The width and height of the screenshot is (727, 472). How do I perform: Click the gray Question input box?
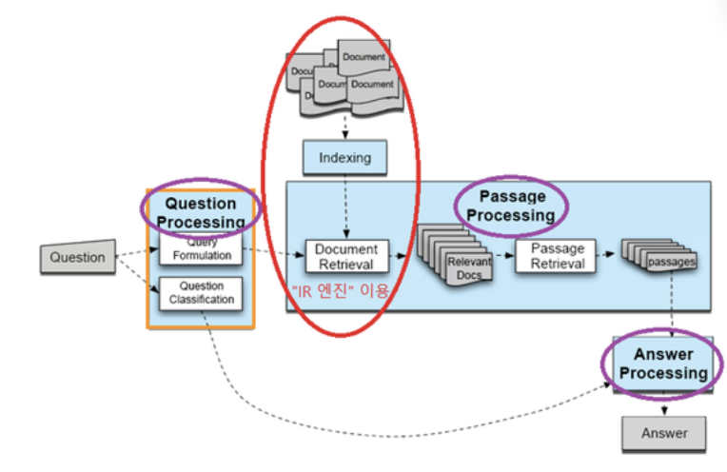[x=77, y=257]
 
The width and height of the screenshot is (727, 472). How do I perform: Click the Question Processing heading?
[x=200, y=212]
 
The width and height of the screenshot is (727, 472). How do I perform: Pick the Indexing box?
[x=344, y=157]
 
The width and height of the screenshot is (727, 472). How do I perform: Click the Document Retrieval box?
[x=345, y=257]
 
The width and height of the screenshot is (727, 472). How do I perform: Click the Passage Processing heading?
[x=511, y=206]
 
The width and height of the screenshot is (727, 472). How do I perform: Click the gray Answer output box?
[x=664, y=433]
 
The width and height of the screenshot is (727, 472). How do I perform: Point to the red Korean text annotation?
[x=341, y=291]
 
